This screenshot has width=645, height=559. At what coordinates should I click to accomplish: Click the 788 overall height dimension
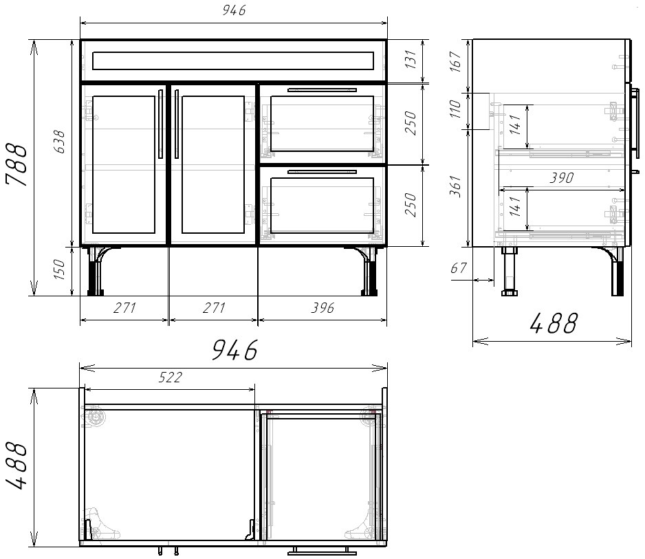tap(17, 164)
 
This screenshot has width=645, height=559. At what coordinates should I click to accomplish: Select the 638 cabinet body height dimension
tap(60, 142)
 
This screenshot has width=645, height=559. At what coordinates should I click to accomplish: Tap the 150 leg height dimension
tap(60, 270)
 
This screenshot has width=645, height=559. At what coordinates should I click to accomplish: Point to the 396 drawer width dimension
tap(322, 307)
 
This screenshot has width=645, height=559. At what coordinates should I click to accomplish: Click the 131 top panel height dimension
tap(411, 59)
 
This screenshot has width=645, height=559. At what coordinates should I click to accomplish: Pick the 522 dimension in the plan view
tap(171, 377)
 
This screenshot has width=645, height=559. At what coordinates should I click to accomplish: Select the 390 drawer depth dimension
tap(562, 177)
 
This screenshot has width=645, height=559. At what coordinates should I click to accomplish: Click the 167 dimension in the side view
tap(455, 62)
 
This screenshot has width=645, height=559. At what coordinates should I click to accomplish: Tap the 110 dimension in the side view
tap(455, 109)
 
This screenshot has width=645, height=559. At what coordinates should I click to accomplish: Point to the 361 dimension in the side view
tap(455, 186)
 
